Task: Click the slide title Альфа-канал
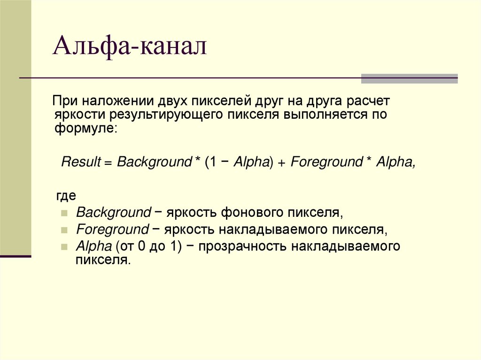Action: tap(130, 47)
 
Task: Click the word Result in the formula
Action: tap(81, 162)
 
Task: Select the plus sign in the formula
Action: tap(281, 163)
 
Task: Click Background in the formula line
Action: tap(153, 162)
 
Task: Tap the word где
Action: tap(66, 195)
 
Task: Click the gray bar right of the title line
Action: tap(409, 78)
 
